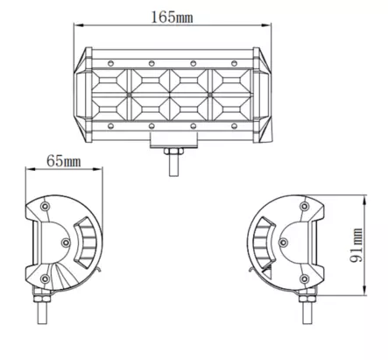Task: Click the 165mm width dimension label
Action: pos(171,15)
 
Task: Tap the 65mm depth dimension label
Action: pos(63,162)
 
